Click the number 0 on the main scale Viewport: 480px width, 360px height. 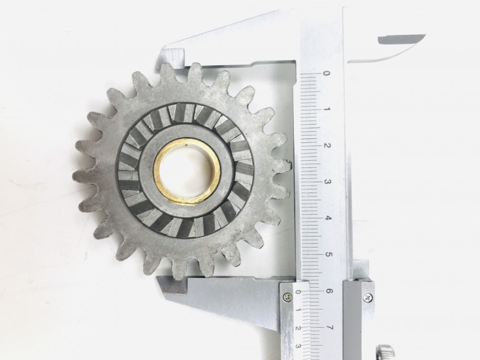pyautogui.click(x=326, y=74)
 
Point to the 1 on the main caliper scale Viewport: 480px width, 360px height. pyautogui.click(x=327, y=109)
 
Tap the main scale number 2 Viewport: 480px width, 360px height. pyautogui.click(x=327, y=145)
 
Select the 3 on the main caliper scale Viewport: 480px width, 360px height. pyautogui.click(x=327, y=182)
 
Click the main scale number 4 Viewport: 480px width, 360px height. pyautogui.click(x=328, y=218)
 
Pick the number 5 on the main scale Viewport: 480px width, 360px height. pyautogui.click(x=328, y=255)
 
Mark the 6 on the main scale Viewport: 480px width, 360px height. pyautogui.click(x=329, y=291)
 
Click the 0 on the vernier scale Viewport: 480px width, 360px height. pyautogui.click(x=298, y=292)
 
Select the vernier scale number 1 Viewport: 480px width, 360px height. pyautogui.click(x=298, y=310)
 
